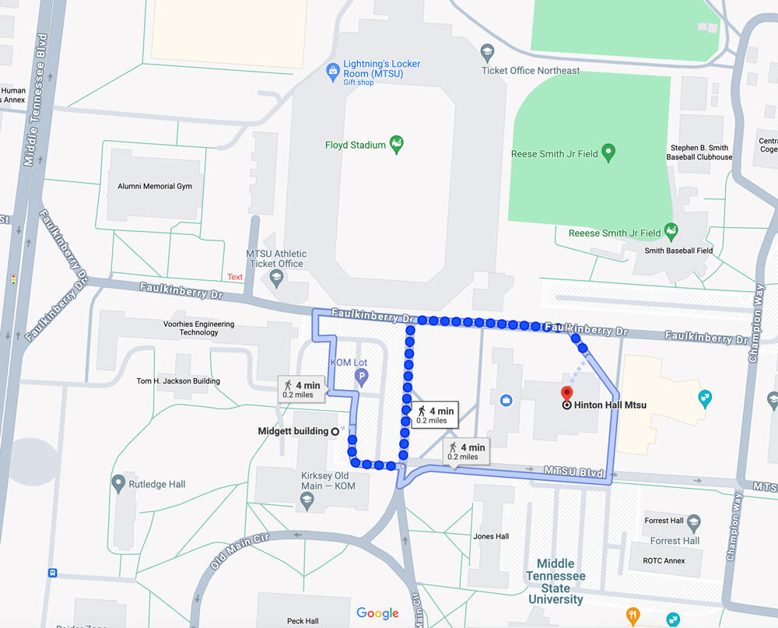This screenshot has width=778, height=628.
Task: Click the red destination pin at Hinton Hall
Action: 567,393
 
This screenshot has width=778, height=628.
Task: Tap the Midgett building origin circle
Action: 335,431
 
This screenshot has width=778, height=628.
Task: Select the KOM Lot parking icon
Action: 361,377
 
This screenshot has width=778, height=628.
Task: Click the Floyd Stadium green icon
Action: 397,143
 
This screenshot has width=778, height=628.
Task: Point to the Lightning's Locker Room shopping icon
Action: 333,72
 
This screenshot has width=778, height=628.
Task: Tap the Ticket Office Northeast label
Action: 530,71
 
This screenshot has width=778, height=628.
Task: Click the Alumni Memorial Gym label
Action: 155,187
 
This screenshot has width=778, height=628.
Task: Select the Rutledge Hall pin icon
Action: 118,484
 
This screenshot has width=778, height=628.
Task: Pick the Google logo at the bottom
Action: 377,613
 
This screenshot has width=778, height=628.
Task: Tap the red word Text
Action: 235,277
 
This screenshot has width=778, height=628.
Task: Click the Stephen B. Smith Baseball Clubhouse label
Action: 699,153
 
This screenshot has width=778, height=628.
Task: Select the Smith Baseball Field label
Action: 678,251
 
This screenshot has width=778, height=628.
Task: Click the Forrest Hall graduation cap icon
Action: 694,521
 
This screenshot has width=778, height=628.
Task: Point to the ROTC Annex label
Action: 664,560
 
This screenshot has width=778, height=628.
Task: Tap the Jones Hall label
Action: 491,536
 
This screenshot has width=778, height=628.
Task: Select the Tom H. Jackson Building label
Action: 178,381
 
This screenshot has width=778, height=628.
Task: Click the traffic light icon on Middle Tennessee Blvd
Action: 13,279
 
